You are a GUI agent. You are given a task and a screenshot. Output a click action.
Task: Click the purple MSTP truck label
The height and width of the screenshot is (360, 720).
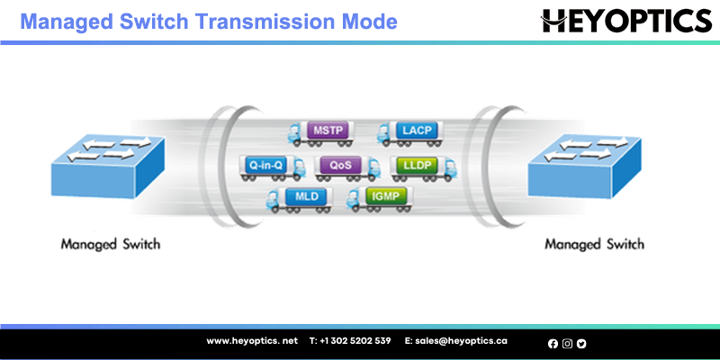(328, 130)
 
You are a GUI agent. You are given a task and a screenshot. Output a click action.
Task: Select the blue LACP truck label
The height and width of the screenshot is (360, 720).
(417, 130)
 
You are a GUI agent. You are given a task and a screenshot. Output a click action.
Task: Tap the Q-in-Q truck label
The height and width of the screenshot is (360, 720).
(264, 165)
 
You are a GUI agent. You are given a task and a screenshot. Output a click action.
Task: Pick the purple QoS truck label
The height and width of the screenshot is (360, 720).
(340, 165)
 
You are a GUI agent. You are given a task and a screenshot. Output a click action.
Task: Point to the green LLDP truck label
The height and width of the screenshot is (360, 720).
(416, 165)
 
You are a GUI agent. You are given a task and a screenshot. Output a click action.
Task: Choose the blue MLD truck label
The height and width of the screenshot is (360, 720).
(307, 196)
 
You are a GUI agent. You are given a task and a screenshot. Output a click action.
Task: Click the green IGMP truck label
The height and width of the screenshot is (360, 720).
(386, 196)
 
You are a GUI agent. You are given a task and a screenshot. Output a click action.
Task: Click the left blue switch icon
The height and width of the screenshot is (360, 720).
(108, 166)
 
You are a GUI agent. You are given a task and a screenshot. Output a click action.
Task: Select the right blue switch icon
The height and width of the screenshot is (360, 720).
(584, 166)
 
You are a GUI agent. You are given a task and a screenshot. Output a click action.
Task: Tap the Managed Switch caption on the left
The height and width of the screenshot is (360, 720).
(111, 244)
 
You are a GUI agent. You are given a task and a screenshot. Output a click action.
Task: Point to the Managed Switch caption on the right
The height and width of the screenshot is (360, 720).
(594, 244)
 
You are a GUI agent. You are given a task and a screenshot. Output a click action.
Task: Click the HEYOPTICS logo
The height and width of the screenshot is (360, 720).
(626, 21)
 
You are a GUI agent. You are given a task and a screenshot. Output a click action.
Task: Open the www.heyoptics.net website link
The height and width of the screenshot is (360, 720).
(252, 341)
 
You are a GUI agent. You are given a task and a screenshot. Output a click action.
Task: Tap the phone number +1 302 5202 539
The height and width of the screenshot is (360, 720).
(350, 341)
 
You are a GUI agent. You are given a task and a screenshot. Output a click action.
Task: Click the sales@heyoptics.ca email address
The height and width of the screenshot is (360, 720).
(456, 341)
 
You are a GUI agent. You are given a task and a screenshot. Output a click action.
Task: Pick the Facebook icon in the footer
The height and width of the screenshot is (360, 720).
(553, 344)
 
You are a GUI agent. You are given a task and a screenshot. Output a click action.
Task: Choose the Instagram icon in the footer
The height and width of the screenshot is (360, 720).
(567, 344)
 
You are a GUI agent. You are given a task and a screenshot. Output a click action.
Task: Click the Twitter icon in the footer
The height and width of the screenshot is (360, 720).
(581, 344)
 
